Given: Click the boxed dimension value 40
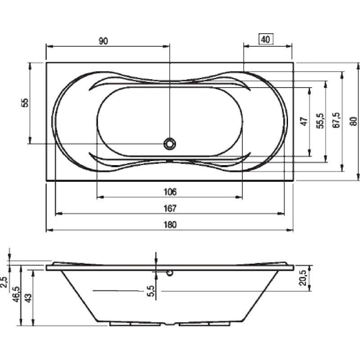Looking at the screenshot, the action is coord(265,40).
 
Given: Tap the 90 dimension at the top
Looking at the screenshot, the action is coord(103,41).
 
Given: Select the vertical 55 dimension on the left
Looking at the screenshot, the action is coord(25,103).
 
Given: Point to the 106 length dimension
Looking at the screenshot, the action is coord(170,192).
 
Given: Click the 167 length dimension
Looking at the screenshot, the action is coord(170,208).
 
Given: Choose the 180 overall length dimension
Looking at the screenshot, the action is coord(170,225).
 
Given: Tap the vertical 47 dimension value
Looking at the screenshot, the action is coord(304,121).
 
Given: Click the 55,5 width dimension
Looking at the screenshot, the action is coord(321,121).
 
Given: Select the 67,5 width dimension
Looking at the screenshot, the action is coord(337,120).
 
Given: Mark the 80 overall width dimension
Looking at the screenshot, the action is coord(354,121).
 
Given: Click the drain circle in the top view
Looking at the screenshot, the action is coord(170,144).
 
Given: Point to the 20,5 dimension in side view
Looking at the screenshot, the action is coord(303,278).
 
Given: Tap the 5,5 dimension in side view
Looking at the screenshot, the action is coord(151,291).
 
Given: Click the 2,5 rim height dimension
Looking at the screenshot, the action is coord(4,282).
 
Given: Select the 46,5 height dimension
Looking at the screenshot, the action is coord(17,294).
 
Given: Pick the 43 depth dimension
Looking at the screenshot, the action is coord(28,298).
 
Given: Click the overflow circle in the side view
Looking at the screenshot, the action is coord(170,273).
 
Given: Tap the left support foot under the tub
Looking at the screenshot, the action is coord(135,324).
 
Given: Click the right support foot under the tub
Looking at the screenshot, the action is coord(204,324).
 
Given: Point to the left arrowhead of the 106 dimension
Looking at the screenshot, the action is coord(100,197).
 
